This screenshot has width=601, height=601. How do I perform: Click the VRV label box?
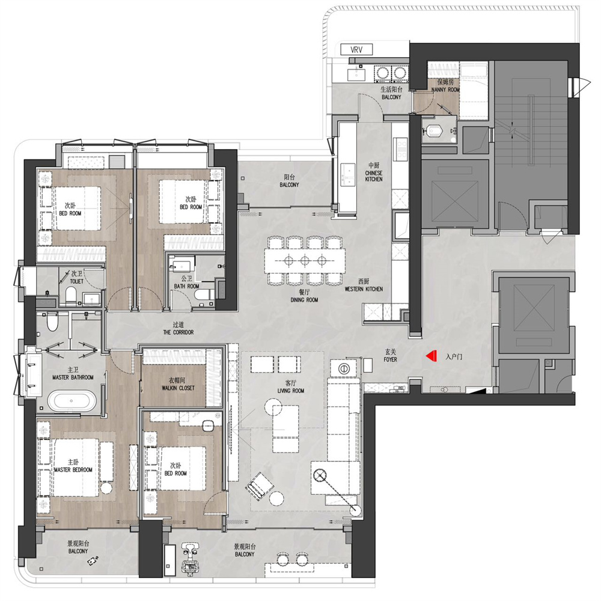click(x=356, y=50)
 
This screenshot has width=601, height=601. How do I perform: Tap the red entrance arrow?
click(x=432, y=356)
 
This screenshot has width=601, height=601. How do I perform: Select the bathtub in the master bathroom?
click(x=72, y=401)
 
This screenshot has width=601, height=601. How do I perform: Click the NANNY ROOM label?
click(x=445, y=90)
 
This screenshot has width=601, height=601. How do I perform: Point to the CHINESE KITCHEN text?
click(x=374, y=176)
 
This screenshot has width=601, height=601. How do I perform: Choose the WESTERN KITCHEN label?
click(x=364, y=289)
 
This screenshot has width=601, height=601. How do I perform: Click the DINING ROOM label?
click(x=304, y=300)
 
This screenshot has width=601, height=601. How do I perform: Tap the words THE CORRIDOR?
click(x=178, y=332)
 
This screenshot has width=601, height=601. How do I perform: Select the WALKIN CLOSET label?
click(x=178, y=388)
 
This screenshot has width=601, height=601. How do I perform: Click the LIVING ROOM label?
click(x=291, y=391)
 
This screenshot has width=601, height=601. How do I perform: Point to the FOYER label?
click(x=391, y=359)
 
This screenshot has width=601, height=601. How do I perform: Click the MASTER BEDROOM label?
click(x=73, y=469)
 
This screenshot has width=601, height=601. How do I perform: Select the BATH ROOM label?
click(x=187, y=286)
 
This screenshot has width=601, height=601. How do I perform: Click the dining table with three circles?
click(x=305, y=261)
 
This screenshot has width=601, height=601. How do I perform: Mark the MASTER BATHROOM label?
click(x=73, y=377)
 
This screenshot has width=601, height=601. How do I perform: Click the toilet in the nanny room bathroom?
click(x=434, y=130)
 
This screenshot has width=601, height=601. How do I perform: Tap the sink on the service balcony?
click(x=357, y=73)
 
